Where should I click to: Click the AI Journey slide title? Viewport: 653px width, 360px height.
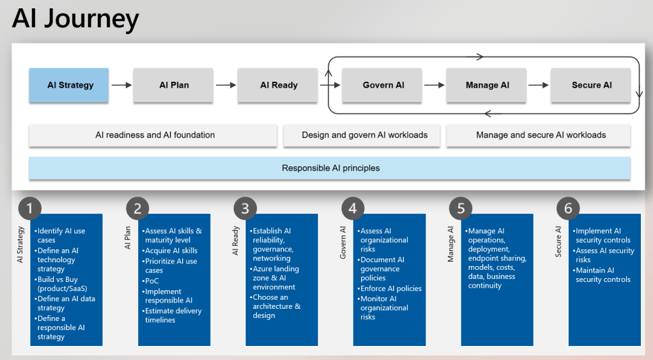click(75, 19)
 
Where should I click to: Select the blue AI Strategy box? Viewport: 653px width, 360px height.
click(69, 85)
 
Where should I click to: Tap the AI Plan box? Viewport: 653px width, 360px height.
click(174, 85)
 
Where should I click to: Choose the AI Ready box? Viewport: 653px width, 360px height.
click(278, 85)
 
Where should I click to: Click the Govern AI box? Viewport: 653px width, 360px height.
click(383, 85)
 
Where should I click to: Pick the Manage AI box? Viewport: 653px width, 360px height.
click(487, 85)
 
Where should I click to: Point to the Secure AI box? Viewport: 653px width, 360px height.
click(591, 85)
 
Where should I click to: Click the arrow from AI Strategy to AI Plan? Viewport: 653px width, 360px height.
click(121, 85)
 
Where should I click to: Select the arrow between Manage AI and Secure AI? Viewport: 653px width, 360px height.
click(539, 85)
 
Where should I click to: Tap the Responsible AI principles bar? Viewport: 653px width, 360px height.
click(330, 168)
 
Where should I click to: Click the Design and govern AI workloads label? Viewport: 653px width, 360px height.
click(364, 135)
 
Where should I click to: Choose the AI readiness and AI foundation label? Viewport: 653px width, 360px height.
click(154, 135)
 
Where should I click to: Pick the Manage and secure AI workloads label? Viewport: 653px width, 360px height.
click(540, 135)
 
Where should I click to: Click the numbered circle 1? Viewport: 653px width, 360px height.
click(29, 208)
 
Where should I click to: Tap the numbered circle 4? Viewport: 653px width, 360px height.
click(353, 208)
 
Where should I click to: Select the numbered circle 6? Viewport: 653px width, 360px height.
click(568, 208)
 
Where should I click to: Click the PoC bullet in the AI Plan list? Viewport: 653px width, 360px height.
click(153, 281)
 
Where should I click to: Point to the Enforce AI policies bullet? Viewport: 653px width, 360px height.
click(390, 288)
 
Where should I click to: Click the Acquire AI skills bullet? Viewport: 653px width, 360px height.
click(171, 251)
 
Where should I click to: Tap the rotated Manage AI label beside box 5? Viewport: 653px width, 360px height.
click(450, 244)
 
